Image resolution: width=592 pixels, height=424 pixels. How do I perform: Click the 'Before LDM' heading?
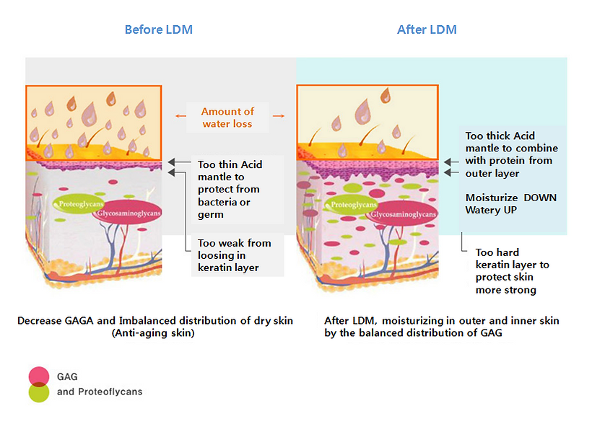[158, 30]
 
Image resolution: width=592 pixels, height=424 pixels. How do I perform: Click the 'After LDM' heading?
[427, 30]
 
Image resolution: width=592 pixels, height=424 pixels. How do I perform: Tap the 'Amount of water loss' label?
[227, 118]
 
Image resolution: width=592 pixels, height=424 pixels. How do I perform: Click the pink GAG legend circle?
[38, 376]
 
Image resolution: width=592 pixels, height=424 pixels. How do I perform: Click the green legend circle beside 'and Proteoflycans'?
[38, 392]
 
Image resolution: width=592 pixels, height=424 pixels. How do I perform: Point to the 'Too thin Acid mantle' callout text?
[230, 189]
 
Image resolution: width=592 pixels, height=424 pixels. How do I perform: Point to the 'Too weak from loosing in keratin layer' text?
[234, 255]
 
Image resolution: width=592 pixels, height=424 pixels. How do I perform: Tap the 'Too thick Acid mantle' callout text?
[512, 154]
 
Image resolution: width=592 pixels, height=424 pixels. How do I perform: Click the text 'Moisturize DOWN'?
[510, 198]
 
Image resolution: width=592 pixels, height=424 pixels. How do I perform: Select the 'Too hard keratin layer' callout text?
[513, 271]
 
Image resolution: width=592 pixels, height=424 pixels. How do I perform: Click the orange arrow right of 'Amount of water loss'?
[279, 115]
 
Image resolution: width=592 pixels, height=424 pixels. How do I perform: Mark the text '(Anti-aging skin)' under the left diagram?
[155, 334]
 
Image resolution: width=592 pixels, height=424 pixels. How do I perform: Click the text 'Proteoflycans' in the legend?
[110, 392]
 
